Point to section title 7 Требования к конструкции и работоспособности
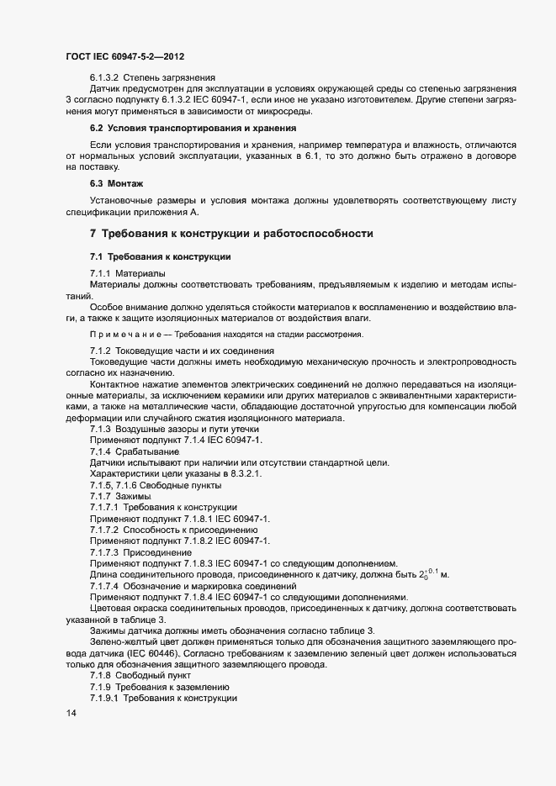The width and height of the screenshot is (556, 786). pyautogui.click(x=231, y=233)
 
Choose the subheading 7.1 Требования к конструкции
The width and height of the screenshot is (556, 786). pyautogui.click(x=161, y=256)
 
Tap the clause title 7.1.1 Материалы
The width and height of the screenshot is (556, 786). pyautogui.click(x=127, y=274)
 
